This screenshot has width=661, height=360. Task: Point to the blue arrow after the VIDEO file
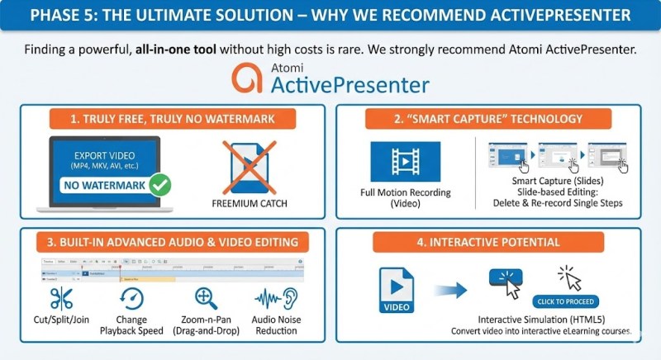pyautogui.click(x=452, y=290)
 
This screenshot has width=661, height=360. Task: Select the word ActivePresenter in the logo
pyautogui.click(x=350, y=83)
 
